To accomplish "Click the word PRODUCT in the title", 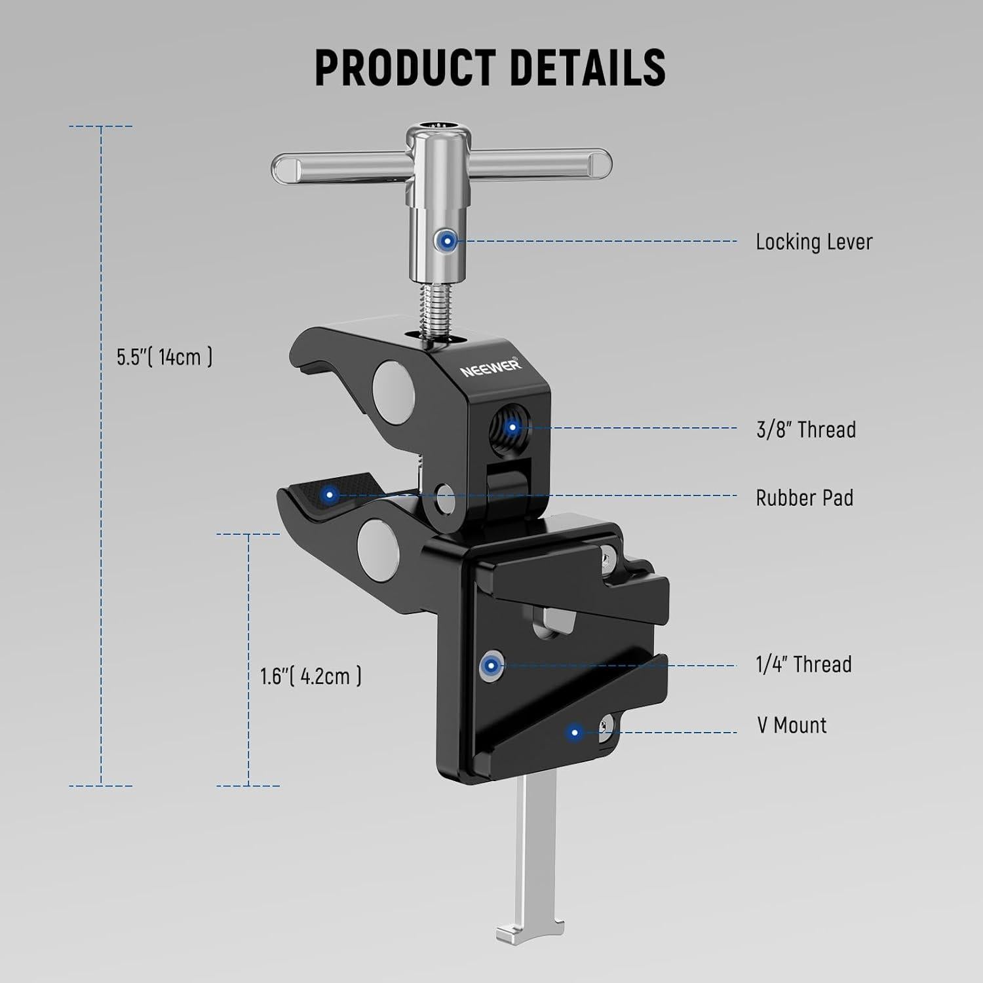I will pyautogui.click(x=404, y=67).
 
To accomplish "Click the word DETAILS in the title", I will pyautogui.click(x=587, y=67).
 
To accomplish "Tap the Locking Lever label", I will pyautogui.click(x=813, y=242).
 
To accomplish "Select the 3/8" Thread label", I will pyautogui.click(x=806, y=430).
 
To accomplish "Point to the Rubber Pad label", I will pyautogui.click(x=804, y=498).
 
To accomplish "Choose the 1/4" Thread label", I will pyautogui.click(x=803, y=665).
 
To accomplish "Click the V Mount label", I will pyautogui.click(x=792, y=725).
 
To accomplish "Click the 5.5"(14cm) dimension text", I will pyautogui.click(x=164, y=357).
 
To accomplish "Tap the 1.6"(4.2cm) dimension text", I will pyautogui.click(x=311, y=676).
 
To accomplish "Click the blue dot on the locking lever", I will pyautogui.click(x=448, y=241).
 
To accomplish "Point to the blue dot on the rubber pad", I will pyautogui.click(x=330, y=495).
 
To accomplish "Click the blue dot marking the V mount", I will pyautogui.click(x=575, y=732).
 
